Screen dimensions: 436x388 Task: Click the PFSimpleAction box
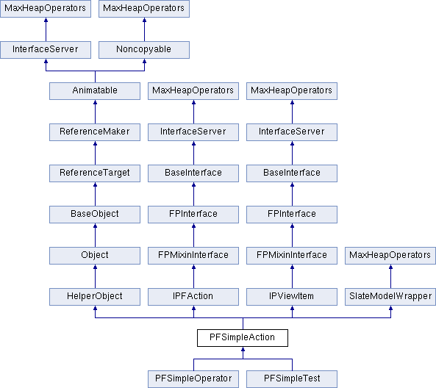pyautogui.click(x=243, y=338)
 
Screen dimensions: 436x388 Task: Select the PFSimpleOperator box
pyautogui.click(x=193, y=379)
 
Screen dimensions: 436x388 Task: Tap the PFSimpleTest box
pyautogui.click(x=292, y=379)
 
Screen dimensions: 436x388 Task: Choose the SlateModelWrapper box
pyautogui.click(x=390, y=297)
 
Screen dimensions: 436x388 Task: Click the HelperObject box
pyautogui.click(x=95, y=297)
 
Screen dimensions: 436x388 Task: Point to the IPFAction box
pyautogui.click(x=193, y=297)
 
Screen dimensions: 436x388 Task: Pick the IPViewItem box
pyautogui.click(x=292, y=297)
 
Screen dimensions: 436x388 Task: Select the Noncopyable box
pyautogui.click(x=144, y=50)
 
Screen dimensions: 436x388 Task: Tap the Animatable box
pyautogui.click(x=95, y=91)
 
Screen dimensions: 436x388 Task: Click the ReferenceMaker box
pyautogui.click(x=95, y=132)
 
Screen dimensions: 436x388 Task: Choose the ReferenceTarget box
pyautogui.click(x=95, y=173)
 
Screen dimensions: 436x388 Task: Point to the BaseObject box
pyautogui.click(x=95, y=215)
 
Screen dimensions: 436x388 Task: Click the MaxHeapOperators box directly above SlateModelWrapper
pyautogui.click(x=390, y=256)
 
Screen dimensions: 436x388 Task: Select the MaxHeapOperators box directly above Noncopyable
pyautogui.click(x=144, y=9)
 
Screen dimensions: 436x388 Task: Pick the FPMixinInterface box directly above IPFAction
pyautogui.click(x=193, y=256)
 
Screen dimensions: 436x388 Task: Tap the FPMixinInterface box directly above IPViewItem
pyautogui.click(x=292, y=256)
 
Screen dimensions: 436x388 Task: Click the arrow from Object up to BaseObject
pyautogui.click(x=95, y=235)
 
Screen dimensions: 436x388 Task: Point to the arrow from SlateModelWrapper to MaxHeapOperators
pyautogui.click(x=390, y=276)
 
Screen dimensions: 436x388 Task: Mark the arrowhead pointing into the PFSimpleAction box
pyautogui.click(x=243, y=349)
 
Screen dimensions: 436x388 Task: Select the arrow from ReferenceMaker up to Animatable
pyautogui.click(x=95, y=112)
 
